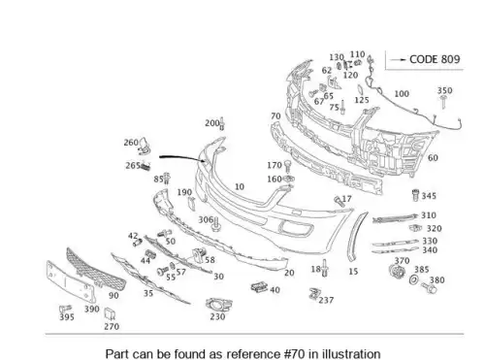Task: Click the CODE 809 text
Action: point(435,59)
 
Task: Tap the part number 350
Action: point(445,90)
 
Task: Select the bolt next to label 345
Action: point(416,195)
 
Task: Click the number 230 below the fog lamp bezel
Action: point(217,316)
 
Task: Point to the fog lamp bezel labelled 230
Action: point(219,305)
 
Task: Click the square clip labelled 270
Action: point(110,313)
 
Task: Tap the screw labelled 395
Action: point(65,309)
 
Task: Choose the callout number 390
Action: point(92,309)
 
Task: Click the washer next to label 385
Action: point(413,279)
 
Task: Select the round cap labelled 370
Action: point(397,271)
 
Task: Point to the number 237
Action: point(326,300)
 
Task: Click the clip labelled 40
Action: point(259,287)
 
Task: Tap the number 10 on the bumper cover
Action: point(240,186)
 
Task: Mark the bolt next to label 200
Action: point(222,123)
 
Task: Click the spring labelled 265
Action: point(145,167)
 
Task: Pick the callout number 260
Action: point(131,143)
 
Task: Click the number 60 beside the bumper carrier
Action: point(433,158)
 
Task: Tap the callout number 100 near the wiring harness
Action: point(402,94)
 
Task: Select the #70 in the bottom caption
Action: point(295,354)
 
